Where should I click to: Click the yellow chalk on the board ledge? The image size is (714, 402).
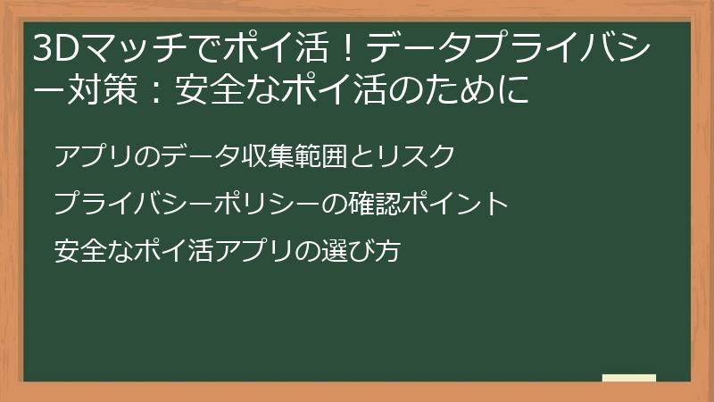click(628, 378)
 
